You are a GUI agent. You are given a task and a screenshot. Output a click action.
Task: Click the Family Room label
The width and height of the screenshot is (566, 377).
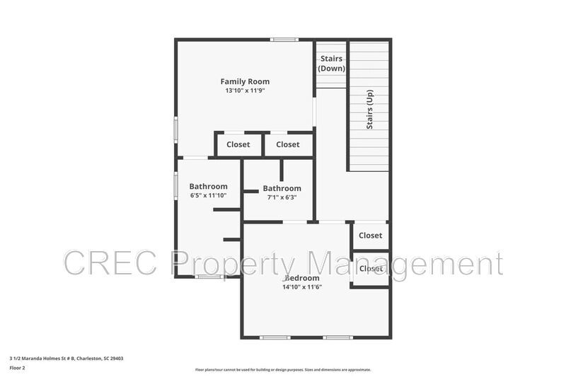click(245, 81)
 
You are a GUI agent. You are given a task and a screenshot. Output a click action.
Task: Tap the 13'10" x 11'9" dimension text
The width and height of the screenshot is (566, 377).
click(245, 91)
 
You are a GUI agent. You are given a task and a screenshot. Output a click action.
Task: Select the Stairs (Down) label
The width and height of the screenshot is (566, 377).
click(331, 64)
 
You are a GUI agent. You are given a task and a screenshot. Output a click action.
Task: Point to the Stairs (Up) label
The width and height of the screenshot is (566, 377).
click(369, 109)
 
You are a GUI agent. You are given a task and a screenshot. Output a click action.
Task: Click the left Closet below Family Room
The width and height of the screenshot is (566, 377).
click(238, 144)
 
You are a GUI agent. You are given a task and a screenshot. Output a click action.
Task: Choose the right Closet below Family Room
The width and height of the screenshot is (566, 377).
click(287, 144)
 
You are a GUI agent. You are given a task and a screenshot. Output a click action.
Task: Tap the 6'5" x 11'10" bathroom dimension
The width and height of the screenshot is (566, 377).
click(208, 195)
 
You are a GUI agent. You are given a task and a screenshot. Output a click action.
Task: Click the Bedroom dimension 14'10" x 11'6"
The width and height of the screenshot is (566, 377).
click(302, 286)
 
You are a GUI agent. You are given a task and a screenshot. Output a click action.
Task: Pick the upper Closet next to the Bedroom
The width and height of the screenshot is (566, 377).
click(370, 236)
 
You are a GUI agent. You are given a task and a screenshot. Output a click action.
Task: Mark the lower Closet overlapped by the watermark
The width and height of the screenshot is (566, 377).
click(370, 269)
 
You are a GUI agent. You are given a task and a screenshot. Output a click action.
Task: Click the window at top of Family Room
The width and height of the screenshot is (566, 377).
click(284, 40)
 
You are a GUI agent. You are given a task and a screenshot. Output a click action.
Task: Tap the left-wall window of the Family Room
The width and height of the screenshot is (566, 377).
click(176, 130)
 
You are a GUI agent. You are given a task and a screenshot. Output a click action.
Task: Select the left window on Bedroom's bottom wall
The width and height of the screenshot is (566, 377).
click(275, 337)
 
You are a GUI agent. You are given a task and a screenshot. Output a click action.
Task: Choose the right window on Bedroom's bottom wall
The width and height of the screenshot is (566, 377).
click(338, 337)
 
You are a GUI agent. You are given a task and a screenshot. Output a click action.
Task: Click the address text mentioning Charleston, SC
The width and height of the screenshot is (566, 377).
click(67, 358)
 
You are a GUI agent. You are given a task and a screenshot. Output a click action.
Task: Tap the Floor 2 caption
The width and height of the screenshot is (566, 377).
click(17, 368)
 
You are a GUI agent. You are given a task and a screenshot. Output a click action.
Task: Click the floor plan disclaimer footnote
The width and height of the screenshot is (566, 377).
click(283, 369)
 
